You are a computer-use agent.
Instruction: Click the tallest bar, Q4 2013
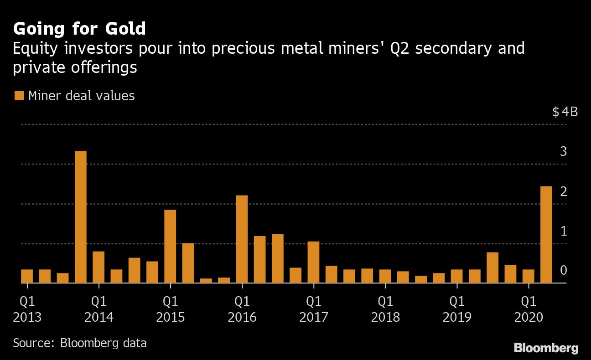click(x=81, y=217)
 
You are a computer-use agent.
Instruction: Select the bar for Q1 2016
click(x=242, y=239)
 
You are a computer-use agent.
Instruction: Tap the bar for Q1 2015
click(x=170, y=247)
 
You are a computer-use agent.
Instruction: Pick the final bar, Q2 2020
click(x=546, y=235)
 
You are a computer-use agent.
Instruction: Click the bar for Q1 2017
click(x=313, y=262)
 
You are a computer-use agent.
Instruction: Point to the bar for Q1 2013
click(x=27, y=276)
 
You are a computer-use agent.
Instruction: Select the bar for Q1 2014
click(x=98, y=267)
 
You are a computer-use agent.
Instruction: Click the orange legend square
click(x=19, y=96)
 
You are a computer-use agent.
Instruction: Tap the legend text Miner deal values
click(x=81, y=96)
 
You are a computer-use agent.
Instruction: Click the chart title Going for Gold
click(x=79, y=29)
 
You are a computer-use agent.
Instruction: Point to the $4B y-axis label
click(x=565, y=112)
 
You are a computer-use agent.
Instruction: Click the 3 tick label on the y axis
click(x=563, y=151)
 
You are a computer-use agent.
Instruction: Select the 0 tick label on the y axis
click(x=563, y=271)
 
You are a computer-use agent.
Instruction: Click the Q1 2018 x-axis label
click(x=385, y=309)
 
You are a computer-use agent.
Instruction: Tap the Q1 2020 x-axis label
click(x=529, y=309)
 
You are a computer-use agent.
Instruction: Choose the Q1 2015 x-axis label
click(x=170, y=309)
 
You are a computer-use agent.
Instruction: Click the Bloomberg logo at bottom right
click(x=546, y=348)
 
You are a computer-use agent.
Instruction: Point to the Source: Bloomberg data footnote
click(x=80, y=343)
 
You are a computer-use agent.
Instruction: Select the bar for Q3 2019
click(x=492, y=268)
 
